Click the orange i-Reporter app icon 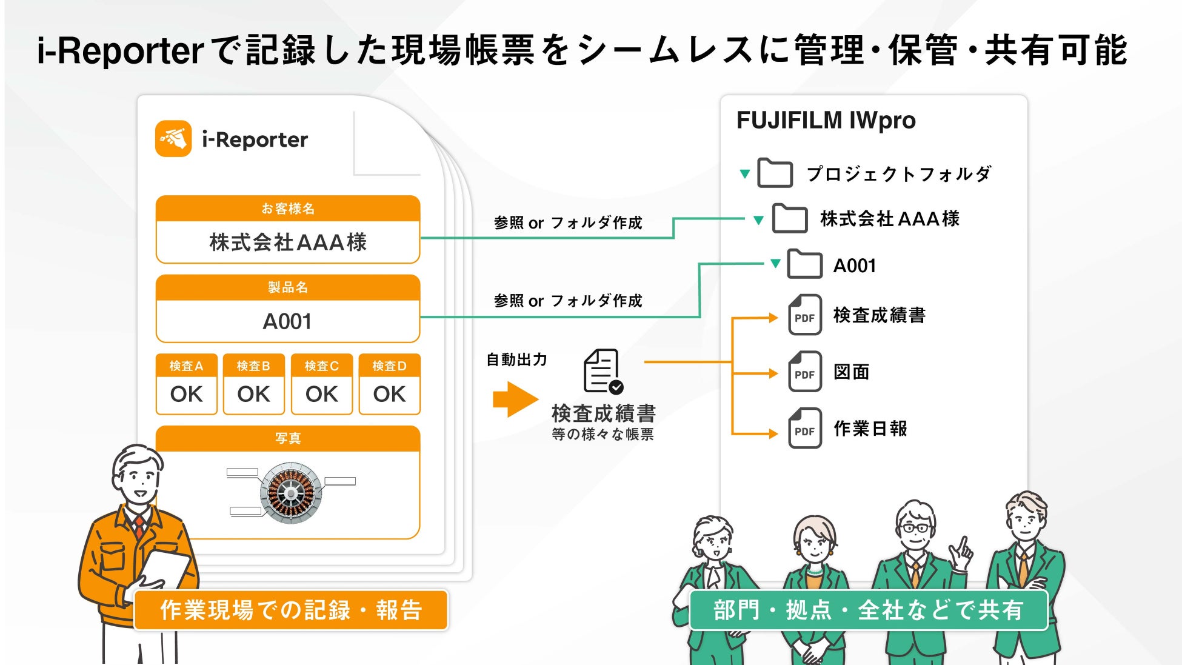173,139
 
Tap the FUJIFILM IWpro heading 826,121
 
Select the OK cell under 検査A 186,395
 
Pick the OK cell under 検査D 389,395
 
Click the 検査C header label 321,366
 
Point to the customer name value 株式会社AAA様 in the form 288,242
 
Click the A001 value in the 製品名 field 287,321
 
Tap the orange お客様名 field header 288,209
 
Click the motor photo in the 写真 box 291,493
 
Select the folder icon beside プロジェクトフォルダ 775,173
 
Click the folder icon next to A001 804,264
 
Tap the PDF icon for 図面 804,372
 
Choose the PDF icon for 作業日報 804,428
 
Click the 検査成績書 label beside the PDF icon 880,315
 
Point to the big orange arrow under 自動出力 516,399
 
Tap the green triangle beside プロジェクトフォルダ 745,174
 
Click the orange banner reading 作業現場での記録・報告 291,610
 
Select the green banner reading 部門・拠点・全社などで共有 868,610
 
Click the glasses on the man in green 915,527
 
